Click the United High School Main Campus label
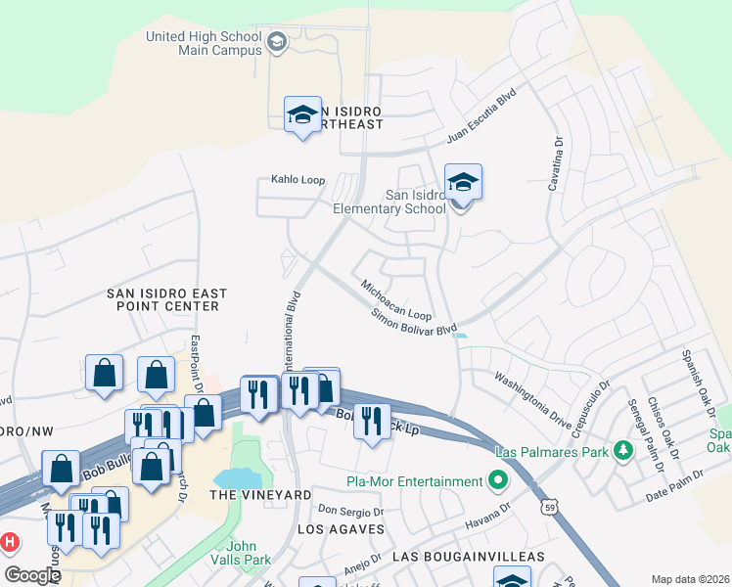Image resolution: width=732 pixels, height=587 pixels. (x=204, y=44)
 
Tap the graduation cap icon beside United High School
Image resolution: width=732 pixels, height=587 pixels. (x=277, y=41)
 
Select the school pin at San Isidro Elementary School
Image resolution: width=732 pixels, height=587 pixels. (x=463, y=182)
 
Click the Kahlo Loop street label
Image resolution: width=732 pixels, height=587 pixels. (x=297, y=180)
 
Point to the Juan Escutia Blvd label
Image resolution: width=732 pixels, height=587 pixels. (x=480, y=118)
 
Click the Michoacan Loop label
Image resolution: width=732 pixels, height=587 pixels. (x=396, y=301)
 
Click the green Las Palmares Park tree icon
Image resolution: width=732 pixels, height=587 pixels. (x=621, y=451)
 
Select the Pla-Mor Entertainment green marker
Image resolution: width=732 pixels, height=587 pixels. (x=498, y=481)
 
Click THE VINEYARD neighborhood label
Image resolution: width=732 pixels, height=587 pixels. (x=260, y=495)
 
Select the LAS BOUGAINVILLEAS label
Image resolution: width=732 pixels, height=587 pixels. (x=468, y=556)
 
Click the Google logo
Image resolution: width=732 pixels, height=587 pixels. (x=31, y=575)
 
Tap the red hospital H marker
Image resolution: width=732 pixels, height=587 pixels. (x=10, y=541)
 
